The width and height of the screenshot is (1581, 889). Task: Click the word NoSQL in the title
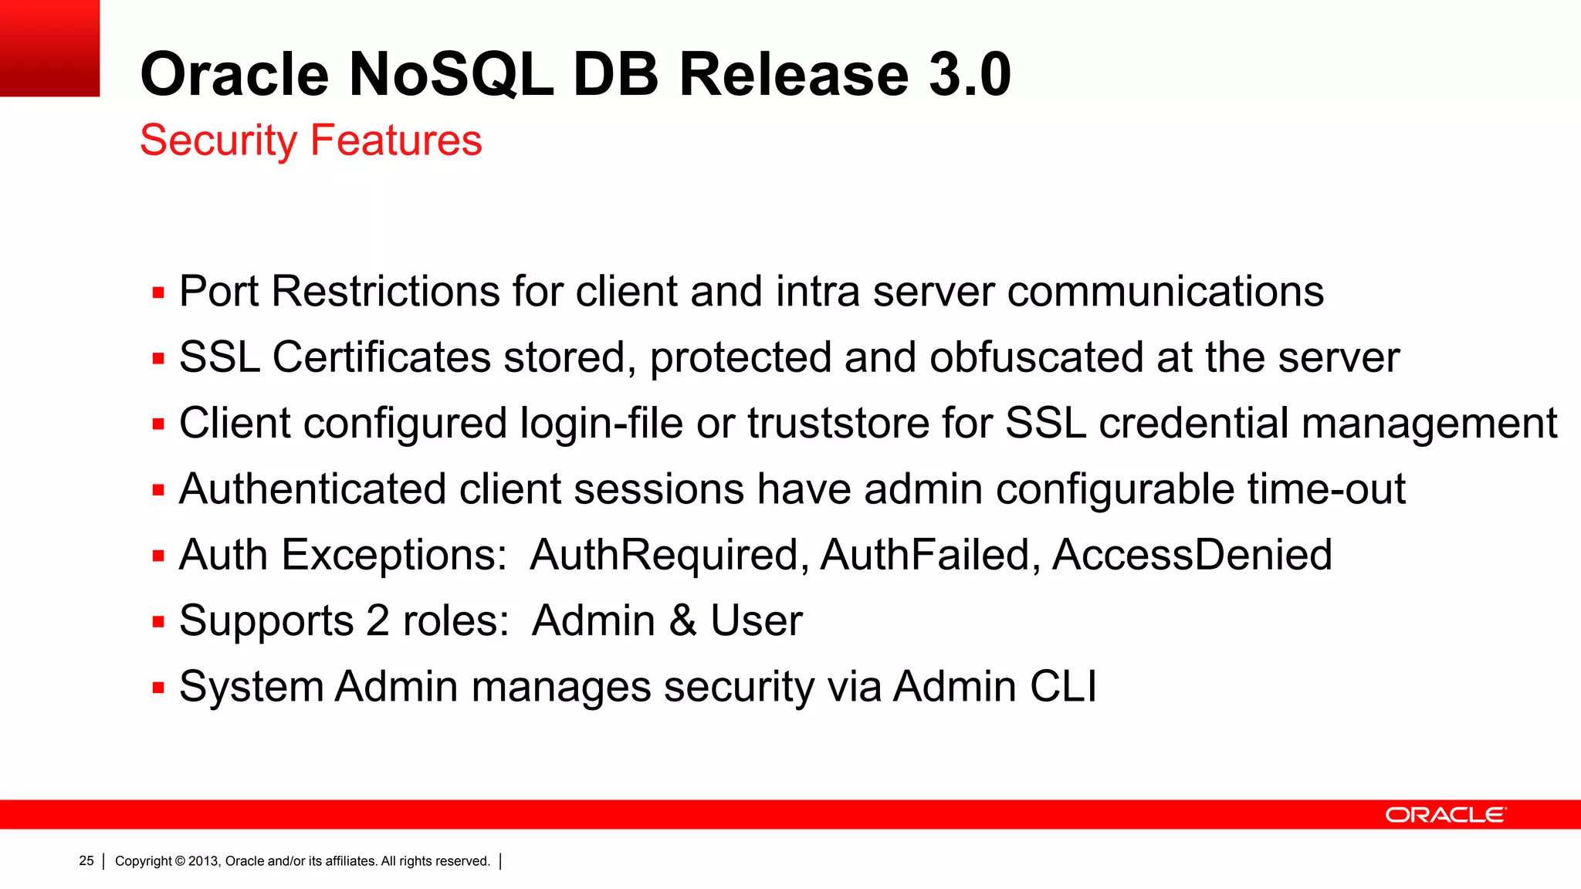pyautogui.click(x=451, y=75)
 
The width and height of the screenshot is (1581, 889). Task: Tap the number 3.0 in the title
pyautogui.click(x=969, y=75)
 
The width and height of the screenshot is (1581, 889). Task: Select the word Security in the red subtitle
pyautogui.click(x=218, y=141)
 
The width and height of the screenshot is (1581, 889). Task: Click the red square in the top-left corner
pyautogui.click(x=49, y=48)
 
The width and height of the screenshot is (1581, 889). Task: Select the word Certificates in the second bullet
pyautogui.click(x=381, y=357)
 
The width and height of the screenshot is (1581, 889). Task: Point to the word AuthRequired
pyautogui.click(x=669, y=555)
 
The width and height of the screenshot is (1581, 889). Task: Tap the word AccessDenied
pyautogui.click(x=1192, y=555)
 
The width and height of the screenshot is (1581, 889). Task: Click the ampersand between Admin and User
pyautogui.click(x=682, y=621)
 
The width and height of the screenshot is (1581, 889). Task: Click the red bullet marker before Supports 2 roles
pyautogui.click(x=159, y=622)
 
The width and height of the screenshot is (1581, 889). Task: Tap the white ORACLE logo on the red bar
pyautogui.click(x=1444, y=815)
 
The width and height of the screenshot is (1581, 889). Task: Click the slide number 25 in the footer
pyautogui.click(x=86, y=861)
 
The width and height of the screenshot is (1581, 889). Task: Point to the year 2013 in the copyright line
pyautogui.click(x=204, y=861)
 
